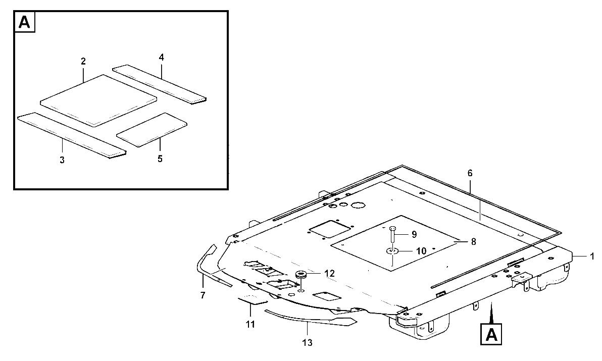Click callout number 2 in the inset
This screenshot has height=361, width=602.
click(83, 61)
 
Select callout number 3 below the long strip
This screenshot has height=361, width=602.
click(62, 160)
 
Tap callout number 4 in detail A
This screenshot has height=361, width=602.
click(161, 58)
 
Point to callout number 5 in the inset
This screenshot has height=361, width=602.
click(160, 159)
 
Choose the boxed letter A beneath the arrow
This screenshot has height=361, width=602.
click(491, 335)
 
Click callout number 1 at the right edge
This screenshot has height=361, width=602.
click(592, 256)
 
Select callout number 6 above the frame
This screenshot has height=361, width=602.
click(470, 173)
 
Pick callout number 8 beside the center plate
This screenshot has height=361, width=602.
click(473, 242)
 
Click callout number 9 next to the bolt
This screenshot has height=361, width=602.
click(414, 234)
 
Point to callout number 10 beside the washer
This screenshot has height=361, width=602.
click(421, 251)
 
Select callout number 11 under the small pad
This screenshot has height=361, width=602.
click(250, 325)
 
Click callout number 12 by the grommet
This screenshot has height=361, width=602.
click(329, 274)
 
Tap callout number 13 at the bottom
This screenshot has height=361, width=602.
click(308, 343)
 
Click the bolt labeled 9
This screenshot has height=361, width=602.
click(392, 234)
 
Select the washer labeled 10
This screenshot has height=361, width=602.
click(392, 251)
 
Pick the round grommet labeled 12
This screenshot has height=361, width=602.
click(300, 275)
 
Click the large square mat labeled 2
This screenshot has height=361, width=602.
click(98, 100)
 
